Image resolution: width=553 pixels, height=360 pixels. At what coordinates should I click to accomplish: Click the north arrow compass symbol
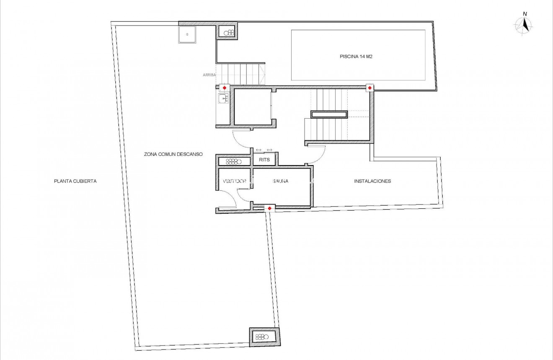[523, 25]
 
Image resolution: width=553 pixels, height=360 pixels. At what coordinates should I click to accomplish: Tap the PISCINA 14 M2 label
[356, 57]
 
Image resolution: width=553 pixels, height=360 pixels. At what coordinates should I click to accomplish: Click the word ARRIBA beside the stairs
[209, 75]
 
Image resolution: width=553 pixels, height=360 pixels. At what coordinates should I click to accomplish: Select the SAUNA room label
[280, 181]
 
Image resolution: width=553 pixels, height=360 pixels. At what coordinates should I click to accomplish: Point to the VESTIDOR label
[234, 181]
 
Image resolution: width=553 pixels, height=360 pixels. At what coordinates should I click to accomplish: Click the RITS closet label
[264, 160]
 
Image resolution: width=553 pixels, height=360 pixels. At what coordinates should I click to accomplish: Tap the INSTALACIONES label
[372, 181]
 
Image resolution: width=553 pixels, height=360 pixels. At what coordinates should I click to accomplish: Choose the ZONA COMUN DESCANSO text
[173, 154]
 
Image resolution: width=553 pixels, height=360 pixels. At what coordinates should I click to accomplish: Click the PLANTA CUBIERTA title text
[75, 181]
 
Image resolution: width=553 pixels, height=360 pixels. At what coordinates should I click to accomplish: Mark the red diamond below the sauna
[269, 208]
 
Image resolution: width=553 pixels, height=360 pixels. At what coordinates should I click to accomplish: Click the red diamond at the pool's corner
[370, 88]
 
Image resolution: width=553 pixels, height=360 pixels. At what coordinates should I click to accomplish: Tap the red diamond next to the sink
[225, 88]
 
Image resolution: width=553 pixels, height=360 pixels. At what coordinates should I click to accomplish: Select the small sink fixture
[223, 99]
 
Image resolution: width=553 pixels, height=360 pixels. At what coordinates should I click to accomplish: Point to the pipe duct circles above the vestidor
[233, 161]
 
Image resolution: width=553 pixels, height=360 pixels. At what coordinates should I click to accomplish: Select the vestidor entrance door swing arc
[230, 197]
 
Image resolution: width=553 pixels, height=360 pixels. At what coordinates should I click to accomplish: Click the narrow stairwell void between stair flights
[329, 114]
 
